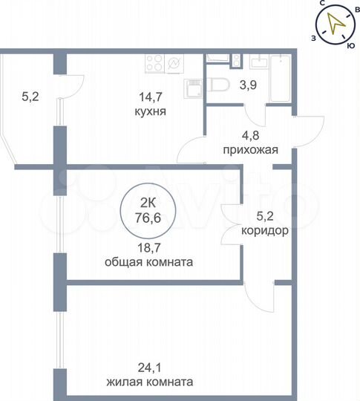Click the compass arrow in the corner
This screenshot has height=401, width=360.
[x=338, y=24]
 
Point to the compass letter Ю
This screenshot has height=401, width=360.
[x=350, y=45]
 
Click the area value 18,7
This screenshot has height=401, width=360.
[x=149, y=249]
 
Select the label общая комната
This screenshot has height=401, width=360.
[x=149, y=262]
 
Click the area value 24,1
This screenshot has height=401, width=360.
[x=150, y=369]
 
